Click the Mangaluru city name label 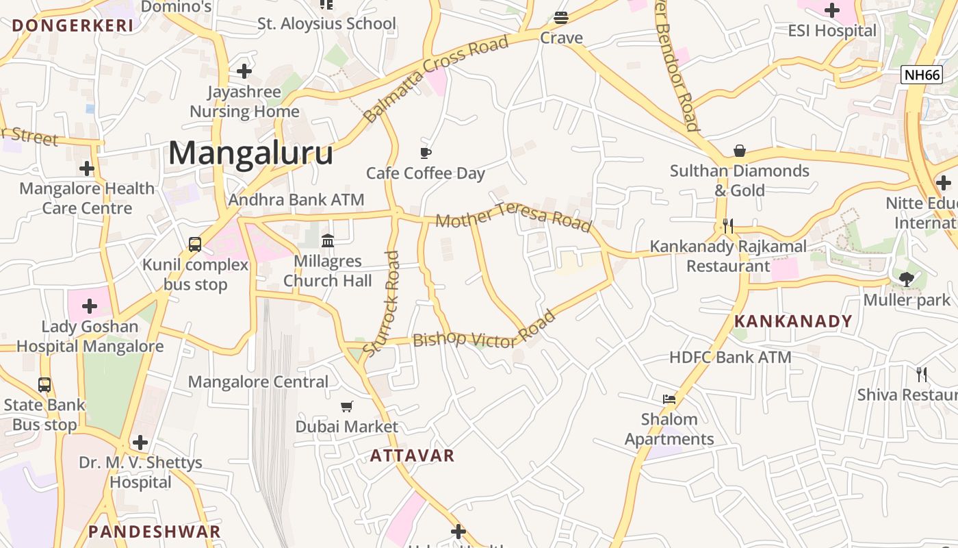[250, 153]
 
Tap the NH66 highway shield [921, 75]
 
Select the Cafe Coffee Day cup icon [426, 153]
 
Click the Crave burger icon [561, 17]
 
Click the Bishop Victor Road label [484, 334]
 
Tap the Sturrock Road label [383, 303]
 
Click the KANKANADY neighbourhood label [793, 321]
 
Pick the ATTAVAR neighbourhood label [412, 456]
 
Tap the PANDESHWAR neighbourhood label [155, 532]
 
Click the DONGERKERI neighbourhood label [73, 26]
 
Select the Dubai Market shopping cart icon [347, 407]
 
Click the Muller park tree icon [907, 279]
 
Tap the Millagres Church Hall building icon [328, 241]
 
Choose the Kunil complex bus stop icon [195, 245]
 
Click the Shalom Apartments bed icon [669, 399]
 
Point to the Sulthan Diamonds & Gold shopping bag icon [740, 151]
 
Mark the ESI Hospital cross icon [832, 10]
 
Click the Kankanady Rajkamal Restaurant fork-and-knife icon [728, 225]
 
